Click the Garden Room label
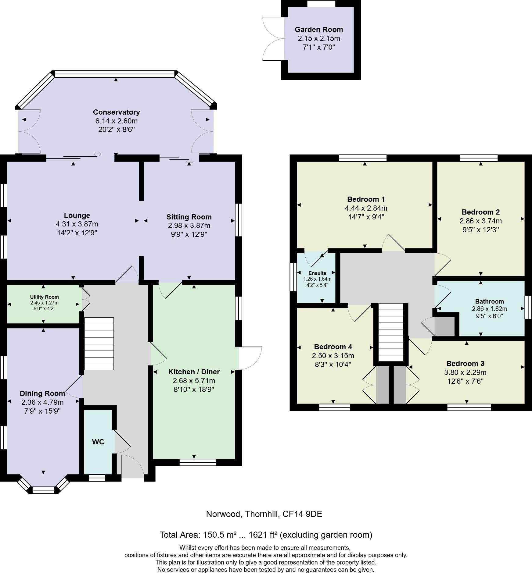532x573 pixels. click(x=319, y=30)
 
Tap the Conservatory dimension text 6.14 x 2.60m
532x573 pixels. click(x=116, y=121)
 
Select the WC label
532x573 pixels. click(x=98, y=442)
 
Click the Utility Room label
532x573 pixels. click(x=44, y=297)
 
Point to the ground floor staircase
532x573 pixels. click(x=99, y=343)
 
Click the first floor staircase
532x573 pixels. click(x=391, y=332)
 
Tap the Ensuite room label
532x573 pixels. click(x=317, y=273)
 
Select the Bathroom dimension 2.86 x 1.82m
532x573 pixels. click(x=489, y=309)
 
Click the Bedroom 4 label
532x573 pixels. click(x=333, y=347)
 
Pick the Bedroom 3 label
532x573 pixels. click(x=465, y=363)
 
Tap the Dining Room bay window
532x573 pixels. click(x=43, y=489)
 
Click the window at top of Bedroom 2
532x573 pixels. click(x=479, y=158)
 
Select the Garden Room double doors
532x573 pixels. click(x=273, y=38)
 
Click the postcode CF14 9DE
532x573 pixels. click(x=302, y=514)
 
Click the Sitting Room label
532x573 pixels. click(x=189, y=217)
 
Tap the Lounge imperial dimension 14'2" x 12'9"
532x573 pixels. click(x=77, y=233)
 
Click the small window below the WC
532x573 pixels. click(x=97, y=478)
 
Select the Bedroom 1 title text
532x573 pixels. click(x=366, y=199)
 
